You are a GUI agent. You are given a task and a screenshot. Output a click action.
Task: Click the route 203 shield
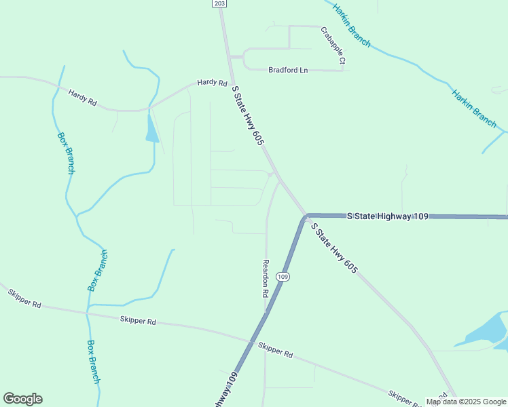(219, 4)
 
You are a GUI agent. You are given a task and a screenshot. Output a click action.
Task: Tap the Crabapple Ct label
(333, 46)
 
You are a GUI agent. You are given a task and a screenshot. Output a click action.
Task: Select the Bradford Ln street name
(288, 69)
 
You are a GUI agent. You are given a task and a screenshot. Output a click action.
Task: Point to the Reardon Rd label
(266, 279)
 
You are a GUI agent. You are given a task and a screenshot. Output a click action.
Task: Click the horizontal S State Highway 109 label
(388, 216)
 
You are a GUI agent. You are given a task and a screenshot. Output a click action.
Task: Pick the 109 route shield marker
(283, 277)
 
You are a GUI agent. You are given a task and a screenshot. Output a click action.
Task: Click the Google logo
(22, 399)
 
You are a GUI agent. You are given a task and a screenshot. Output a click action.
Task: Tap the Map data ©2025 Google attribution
(467, 402)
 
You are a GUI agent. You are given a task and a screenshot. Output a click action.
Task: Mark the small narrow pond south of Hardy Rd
(151, 129)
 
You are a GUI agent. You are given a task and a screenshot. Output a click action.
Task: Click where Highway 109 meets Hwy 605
(305, 216)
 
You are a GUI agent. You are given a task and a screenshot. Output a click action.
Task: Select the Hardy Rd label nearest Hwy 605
(212, 83)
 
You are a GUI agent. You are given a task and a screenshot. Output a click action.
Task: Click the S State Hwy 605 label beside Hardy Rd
(247, 115)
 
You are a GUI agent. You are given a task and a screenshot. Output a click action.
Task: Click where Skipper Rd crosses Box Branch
(87, 313)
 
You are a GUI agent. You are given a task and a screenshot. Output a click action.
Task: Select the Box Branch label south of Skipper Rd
(94, 361)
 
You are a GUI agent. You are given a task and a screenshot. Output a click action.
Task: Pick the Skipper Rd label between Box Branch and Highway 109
(138, 321)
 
